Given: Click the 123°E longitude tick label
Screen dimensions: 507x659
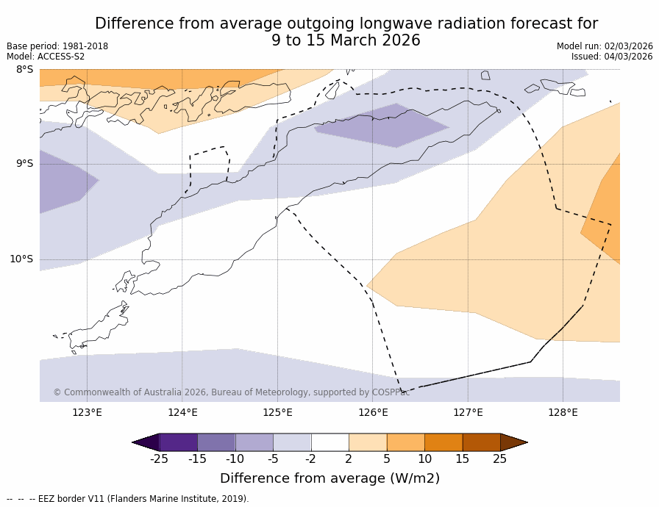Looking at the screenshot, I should [87, 412].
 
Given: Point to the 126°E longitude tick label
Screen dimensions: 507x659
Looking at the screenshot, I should [373, 412].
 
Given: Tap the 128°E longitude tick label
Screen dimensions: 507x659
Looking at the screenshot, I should [563, 412].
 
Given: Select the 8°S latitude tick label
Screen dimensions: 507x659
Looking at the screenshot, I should [24, 70].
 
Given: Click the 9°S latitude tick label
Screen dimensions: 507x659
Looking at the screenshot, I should [24, 164].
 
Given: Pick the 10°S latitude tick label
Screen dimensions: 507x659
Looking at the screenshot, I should [21, 259].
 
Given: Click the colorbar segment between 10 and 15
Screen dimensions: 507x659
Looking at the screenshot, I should [444, 442].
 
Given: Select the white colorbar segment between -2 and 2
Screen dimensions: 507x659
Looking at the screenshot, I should [329, 442].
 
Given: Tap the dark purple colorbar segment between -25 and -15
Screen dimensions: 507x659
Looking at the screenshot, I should [178, 442].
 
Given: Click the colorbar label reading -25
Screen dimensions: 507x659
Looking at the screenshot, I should [159, 459].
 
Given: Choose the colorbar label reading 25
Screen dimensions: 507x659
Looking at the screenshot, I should [500, 459].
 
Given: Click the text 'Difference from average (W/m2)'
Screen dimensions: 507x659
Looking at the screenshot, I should [329, 478].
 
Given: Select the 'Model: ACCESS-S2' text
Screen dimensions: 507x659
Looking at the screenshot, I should [46, 57].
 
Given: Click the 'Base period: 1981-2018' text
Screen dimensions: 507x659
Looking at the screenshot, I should [57, 46].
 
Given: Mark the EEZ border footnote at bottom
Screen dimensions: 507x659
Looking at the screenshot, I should [128, 499].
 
